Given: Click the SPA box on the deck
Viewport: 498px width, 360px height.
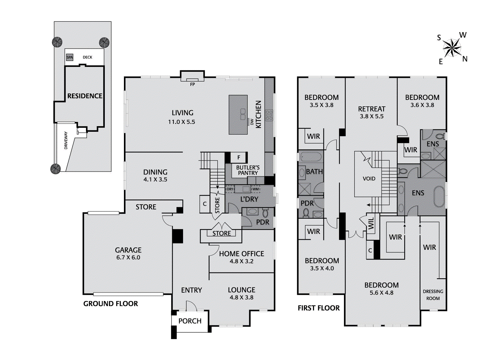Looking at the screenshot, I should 69,57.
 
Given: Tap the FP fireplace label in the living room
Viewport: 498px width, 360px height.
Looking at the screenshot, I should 192,84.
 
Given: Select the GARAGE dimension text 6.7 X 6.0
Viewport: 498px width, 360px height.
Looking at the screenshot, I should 128,258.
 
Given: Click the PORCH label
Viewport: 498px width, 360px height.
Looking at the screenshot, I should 190,321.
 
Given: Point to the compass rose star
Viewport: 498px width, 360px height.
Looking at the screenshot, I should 452,48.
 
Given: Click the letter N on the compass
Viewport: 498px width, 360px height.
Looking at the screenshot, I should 465,59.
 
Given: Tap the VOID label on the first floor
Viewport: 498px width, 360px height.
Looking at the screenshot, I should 369,179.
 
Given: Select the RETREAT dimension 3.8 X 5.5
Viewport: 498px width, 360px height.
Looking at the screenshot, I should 371,116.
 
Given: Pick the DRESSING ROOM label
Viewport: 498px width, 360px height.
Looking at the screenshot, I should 433,295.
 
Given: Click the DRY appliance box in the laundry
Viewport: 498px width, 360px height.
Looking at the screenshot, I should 230,189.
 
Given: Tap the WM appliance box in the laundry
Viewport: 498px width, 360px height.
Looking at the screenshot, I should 256,189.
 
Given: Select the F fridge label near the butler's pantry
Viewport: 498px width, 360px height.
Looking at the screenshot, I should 239,158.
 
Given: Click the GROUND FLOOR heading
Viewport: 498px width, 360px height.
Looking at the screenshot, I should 111,304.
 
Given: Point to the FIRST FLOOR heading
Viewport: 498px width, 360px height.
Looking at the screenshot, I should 319,308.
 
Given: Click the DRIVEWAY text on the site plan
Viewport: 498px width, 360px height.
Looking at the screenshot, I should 66,140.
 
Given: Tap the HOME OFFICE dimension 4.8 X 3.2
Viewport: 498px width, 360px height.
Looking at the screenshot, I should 241,261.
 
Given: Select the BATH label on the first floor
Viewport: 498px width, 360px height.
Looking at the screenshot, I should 314,172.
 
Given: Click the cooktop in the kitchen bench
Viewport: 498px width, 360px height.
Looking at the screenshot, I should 269,115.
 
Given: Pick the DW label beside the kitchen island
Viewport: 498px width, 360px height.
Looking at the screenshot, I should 252,122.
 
